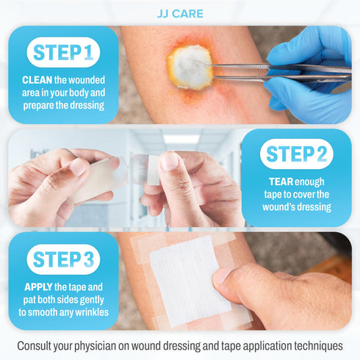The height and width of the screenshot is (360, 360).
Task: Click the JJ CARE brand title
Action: pyautogui.click(x=180, y=14)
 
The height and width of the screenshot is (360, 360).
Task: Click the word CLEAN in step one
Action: pyautogui.click(x=37, y=80)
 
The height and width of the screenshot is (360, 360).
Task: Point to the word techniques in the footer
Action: pyautogui.click(x=314, y=345)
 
